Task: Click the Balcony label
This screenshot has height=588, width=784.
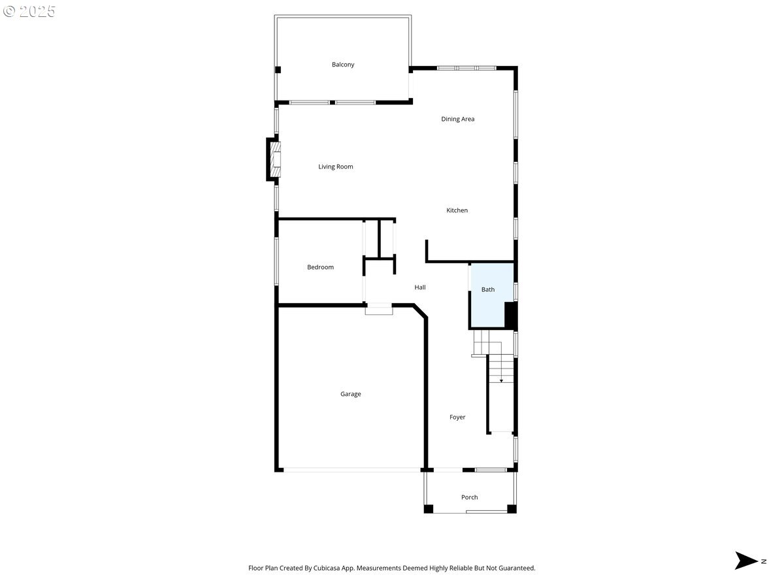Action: click(x=342, y=65)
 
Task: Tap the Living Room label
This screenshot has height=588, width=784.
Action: click(x=335, y=167)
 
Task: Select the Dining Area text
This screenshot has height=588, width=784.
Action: click(x=457, y=119)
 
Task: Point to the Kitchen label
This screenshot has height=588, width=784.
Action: click(x=457, y=210)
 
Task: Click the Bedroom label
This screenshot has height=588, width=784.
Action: click(x=320, y=267)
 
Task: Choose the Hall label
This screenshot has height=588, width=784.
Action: click(x=419, y=287)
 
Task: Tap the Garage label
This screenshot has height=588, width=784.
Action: click(x=350, y=394)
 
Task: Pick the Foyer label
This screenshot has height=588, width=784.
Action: click(x=457, y=417)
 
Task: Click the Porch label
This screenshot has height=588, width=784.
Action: click(x=469, y=497)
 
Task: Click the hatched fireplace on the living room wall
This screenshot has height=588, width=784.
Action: click(x=275, y=159)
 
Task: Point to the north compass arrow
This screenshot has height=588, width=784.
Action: click(x=745, y=560)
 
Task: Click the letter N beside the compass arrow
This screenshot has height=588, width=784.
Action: click(x=764, y=561)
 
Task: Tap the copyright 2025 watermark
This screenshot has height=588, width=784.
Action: click(x=29, y=11)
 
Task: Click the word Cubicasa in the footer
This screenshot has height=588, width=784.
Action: click(x=327, y=568)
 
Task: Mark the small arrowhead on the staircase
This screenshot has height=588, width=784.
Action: click(x=501, y=381)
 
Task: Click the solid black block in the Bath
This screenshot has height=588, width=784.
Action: click(x=511, y=316)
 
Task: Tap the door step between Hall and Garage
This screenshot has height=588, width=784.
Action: click(x=378, y=309)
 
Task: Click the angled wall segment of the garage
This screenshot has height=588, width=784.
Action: click(x=420, y=311)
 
